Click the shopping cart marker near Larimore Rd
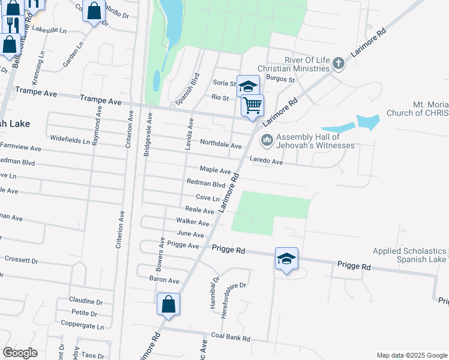pyautogui.click(x=253, y=105)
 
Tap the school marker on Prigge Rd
pyautogui.click(x=286, y=259)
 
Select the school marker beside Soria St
pyautogui.click(x=247, y=86)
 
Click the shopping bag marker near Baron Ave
pyautogui.click(x=169, y=304)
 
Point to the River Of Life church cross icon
pyautogui.click(x=338, y=63)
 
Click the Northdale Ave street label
pyautogui.click(x=220, y=145)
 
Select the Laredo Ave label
pyautogui.click(x=266, y=161)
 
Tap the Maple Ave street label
pyautogui.click(x=215, y=170)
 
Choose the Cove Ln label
pyautogui.click(x=208, y=197)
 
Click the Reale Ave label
pyautogui.click(x=199, y=211)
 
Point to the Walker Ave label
pyautogui.click(x=192, y=223)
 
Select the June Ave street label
pyautogui.click(x=190, y=234)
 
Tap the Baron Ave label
pyautogui.click(x=164, y=280)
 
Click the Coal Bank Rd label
pyautogui.click(x=230, y=338)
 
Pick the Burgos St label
pyautogui.click(x=281, y=79)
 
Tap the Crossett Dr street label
pyautogui.click(x=21, y=260)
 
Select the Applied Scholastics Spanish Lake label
pyautogui.click(x=410, y=255)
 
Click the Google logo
pyautogui.click(x=20, y=353)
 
